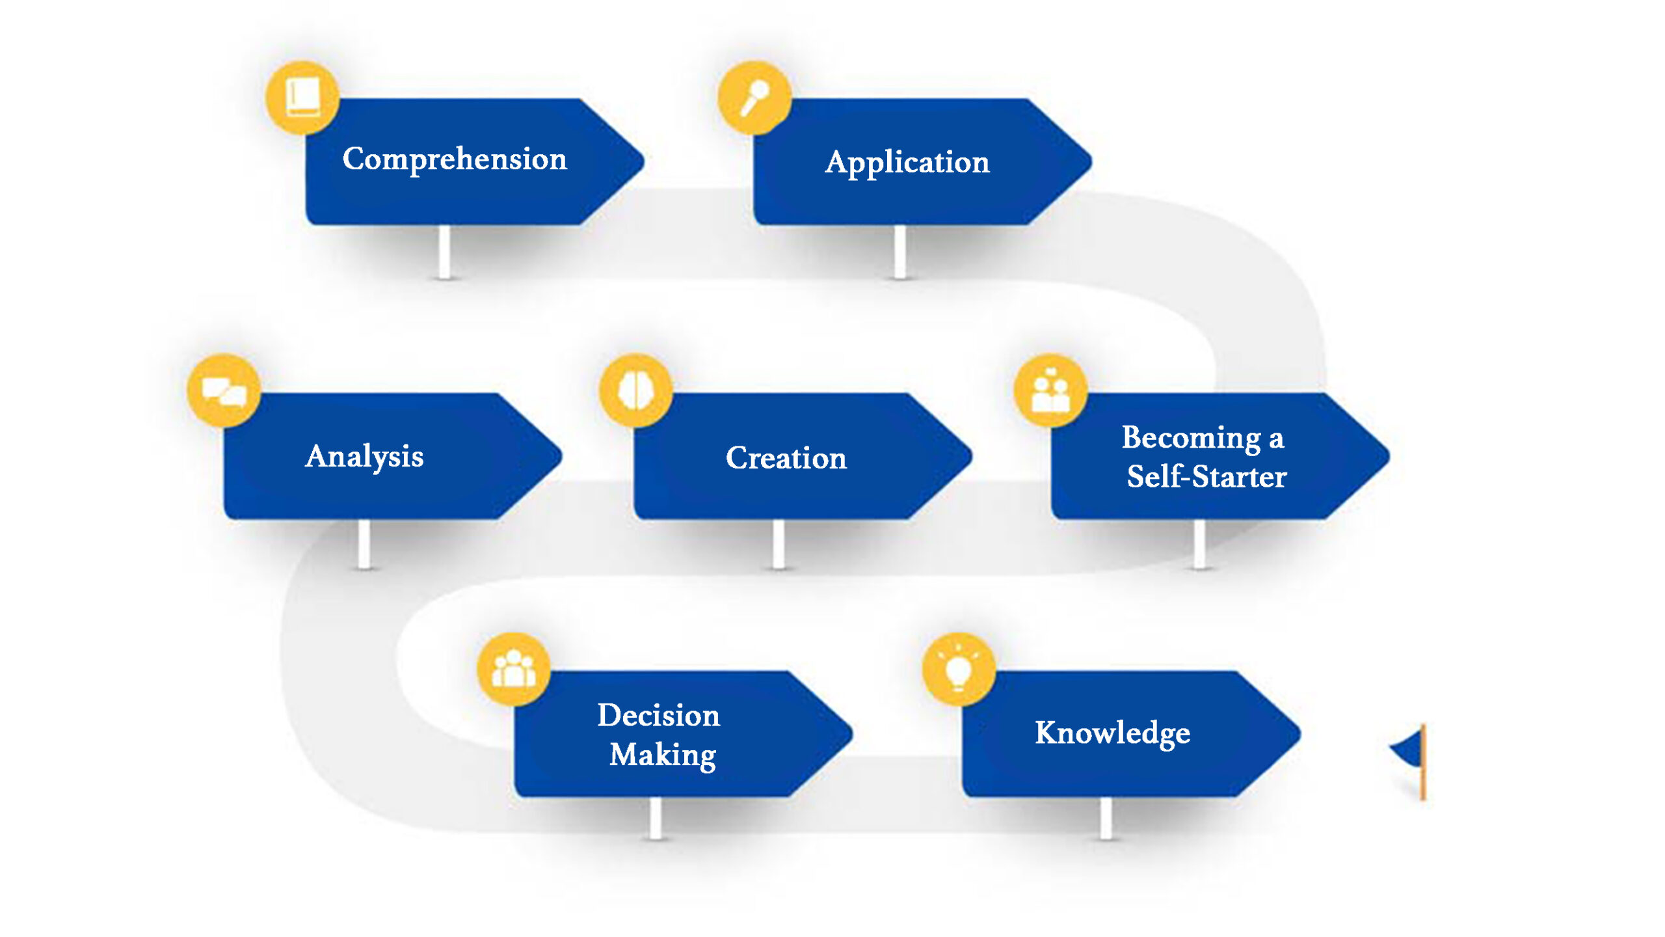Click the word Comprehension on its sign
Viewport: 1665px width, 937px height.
click(455, 159)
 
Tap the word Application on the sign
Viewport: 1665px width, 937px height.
click(907, 162)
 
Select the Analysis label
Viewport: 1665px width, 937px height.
click(364, 456)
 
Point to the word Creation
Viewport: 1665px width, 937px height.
click(786, 458)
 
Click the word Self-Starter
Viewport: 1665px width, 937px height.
click(1206, 477)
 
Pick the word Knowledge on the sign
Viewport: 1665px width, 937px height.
click(1112, 733)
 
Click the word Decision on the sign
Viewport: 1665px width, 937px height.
click(659, 716)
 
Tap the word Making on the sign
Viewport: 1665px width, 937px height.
click(663, 755)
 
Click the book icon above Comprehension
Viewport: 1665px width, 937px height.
click(302, 98)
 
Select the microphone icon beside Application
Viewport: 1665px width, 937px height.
click(754, 98)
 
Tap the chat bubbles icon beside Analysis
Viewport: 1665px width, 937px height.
click(224, 391)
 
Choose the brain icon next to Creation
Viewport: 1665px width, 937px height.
click(635, 391)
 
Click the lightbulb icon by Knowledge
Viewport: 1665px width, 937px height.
click(959, 670)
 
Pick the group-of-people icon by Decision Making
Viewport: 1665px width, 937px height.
click(514, 670)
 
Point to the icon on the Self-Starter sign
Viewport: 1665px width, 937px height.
click(1050, 391)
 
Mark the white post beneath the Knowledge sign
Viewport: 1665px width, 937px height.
click(1106, 817)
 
